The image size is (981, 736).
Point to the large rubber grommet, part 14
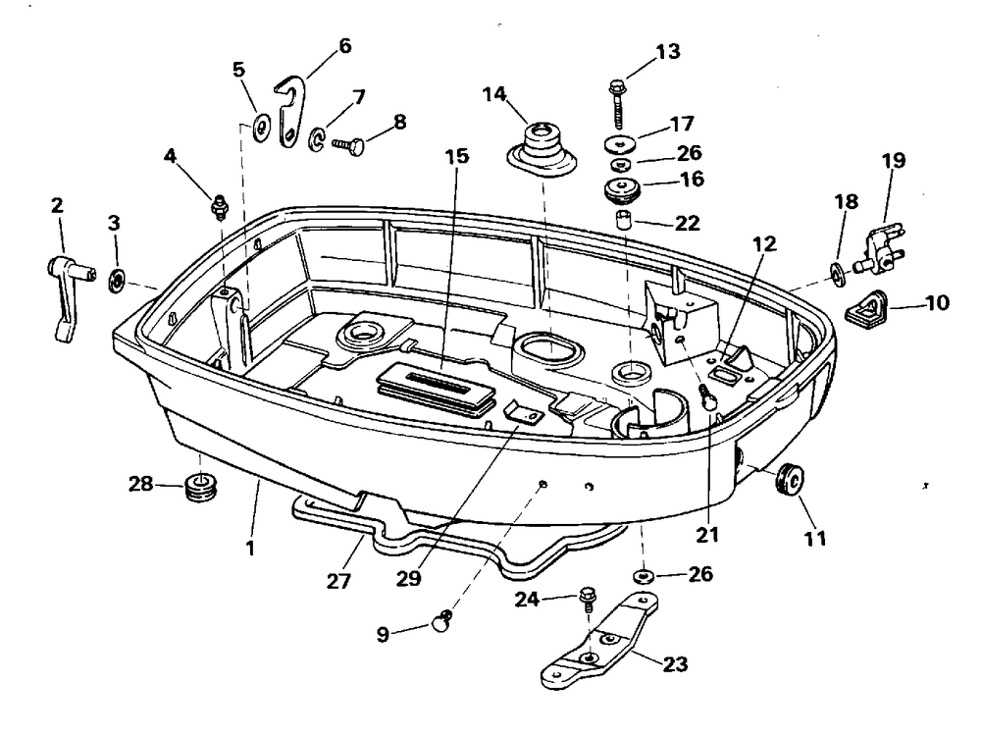[x=540, y=152]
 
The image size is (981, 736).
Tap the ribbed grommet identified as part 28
[x=201, y=487]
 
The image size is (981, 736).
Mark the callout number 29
[x=409, y=578]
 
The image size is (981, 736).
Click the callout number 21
[x=707, y=535]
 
